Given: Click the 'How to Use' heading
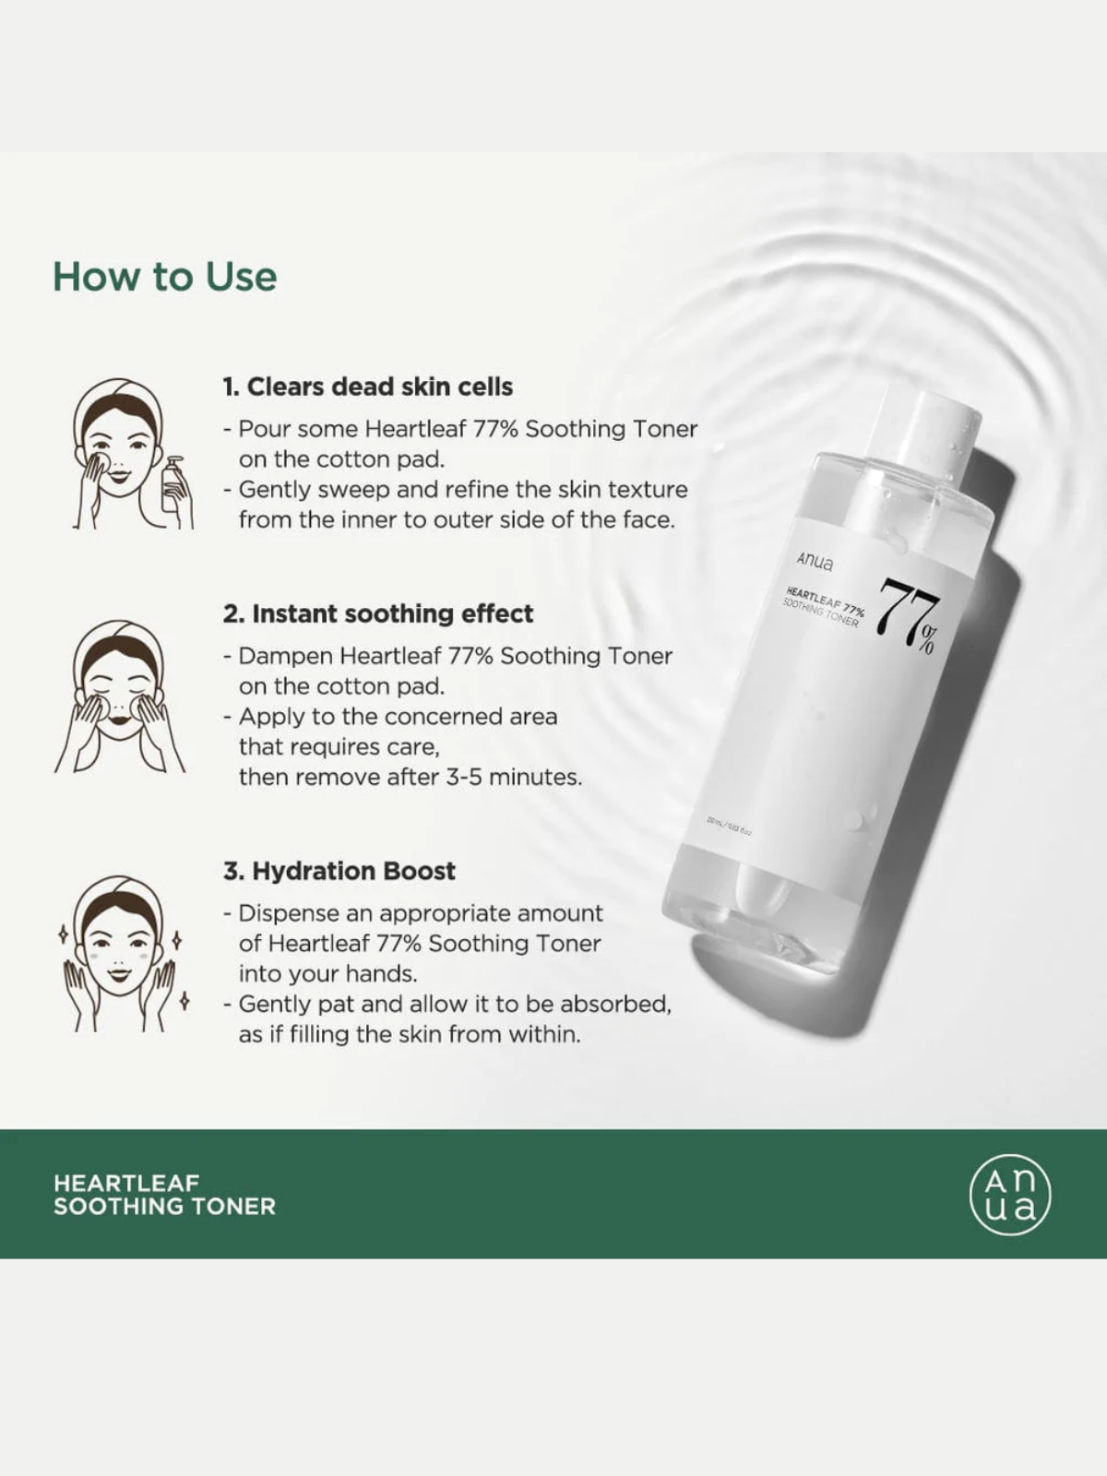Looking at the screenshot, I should pos(164,277).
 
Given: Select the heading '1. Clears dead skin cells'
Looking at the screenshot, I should pos(367,387).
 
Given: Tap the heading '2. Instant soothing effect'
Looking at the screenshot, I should pos(378,613).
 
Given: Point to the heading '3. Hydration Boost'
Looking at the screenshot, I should pos(339,871).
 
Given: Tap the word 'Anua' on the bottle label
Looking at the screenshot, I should pos(815,561).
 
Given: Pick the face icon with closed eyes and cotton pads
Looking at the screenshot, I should pos(120,696).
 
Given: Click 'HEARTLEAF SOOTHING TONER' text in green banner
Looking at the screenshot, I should pos(164,1194).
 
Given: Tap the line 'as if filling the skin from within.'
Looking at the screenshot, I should pos(410,1034).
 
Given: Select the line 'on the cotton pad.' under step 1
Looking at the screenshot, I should pos(341,458).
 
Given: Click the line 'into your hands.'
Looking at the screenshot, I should pos(327,973).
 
